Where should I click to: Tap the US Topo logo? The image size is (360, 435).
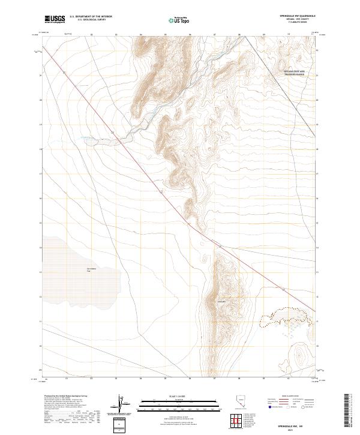tap(181, 20)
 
